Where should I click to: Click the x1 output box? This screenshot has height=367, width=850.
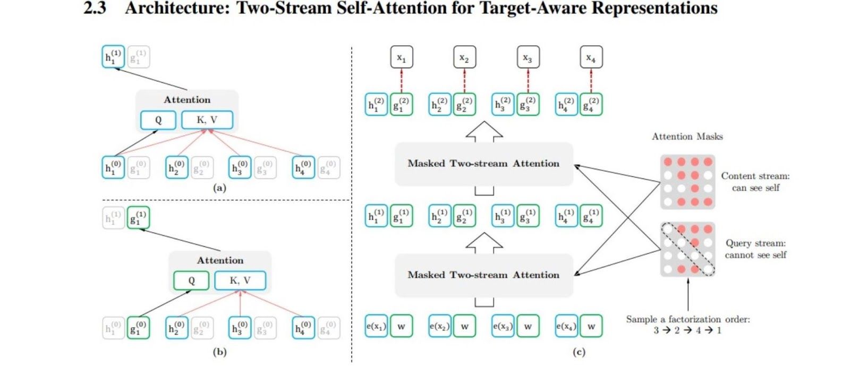pyautogui.click(x=401, y=57)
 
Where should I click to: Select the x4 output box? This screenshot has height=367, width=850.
pyautogui.click(x=591, y=57)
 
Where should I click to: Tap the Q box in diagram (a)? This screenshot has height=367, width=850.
pyautogui.click(x=158, y=120)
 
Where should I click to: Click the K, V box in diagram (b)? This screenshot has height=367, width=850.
pyautogui.click(x=240, y=280)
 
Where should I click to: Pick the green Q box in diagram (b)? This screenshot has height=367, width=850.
pyautogui.click(x=191, y=280)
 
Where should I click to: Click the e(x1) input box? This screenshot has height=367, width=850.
pyautogui.click(x=376, y=326)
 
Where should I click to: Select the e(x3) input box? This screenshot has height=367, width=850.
pyautogui.click(x=503, y=326)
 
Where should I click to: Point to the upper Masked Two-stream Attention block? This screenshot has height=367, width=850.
pyautogui.click(x=483, y=164)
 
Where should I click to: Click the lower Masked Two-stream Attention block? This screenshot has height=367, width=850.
pyautogui.click(x=483, y=275)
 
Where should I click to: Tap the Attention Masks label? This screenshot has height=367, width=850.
pyautogui.click(x=687, y=136)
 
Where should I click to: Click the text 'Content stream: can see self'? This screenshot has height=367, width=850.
pyautogui.click(x=755, y=182)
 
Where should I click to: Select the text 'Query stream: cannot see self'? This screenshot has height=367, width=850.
pyautogui.click(x=755, y=249)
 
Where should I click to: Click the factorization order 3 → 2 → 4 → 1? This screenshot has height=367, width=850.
pyautogui.click(x=687, y=330)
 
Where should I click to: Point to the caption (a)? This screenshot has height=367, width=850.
pyautogui.click(x=219, y=187)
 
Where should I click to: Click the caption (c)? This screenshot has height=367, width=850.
pyautogui.click(x=579, y=352)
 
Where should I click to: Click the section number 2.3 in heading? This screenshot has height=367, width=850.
pyautogui.click(x=95, y=8)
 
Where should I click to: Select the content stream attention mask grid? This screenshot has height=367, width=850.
pyautogui.click(x=687, y=182)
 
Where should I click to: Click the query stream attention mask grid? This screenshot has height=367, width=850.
pyautogui.click(x=687, y=249)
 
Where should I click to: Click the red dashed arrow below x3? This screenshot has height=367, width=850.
pyautogui.click(x=528, y=80)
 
